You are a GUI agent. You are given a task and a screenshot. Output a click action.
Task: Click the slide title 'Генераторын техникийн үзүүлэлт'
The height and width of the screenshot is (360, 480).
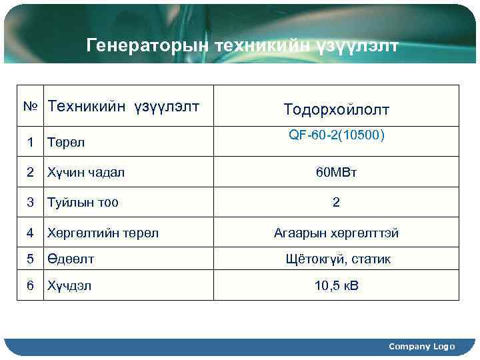coord(243,45)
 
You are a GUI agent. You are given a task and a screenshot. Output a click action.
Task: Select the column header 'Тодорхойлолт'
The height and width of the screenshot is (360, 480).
coord(336,109)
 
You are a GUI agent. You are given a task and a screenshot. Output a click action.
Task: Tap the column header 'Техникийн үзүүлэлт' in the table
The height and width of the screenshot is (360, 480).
coord(124,105)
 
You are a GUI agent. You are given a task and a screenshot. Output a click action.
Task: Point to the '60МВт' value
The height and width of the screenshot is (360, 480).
coord(336,173)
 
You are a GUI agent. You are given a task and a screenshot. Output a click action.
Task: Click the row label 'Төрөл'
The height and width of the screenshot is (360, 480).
coord(66,142)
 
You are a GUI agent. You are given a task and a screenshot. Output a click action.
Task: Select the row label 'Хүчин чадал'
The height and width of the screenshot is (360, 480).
coord(85,172)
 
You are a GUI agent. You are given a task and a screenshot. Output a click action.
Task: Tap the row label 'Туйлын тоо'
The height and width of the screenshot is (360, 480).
coord(83,202)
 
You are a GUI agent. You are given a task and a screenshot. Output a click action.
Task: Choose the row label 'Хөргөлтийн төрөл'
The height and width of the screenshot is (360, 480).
coord(102,233)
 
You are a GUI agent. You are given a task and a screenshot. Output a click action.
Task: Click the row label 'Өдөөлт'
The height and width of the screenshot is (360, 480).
coord(70,259)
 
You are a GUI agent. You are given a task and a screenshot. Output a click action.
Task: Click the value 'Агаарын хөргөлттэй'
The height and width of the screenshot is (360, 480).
coord(336,233)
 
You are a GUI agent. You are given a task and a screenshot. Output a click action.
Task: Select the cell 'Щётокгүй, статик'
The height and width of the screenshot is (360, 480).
coord(336,259)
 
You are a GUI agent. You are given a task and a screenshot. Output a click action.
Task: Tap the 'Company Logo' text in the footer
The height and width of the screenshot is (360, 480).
coord(421,346)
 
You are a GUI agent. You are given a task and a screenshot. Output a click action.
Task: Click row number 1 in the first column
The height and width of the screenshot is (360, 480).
coord(30,141)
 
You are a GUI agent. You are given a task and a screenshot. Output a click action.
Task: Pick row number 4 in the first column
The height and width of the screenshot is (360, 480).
coord(30,233)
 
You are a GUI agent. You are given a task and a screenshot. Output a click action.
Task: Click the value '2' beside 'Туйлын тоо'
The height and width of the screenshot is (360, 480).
coord(336,203)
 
